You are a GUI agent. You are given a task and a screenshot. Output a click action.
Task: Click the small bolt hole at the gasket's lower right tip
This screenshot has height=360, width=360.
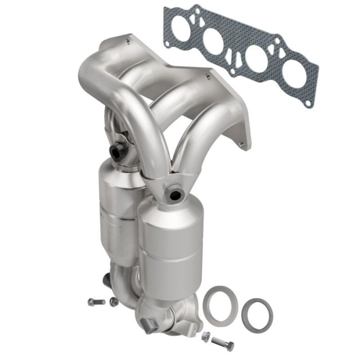[308, 102]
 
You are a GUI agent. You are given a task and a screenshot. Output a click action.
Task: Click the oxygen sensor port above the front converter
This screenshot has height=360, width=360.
[174, 194]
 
